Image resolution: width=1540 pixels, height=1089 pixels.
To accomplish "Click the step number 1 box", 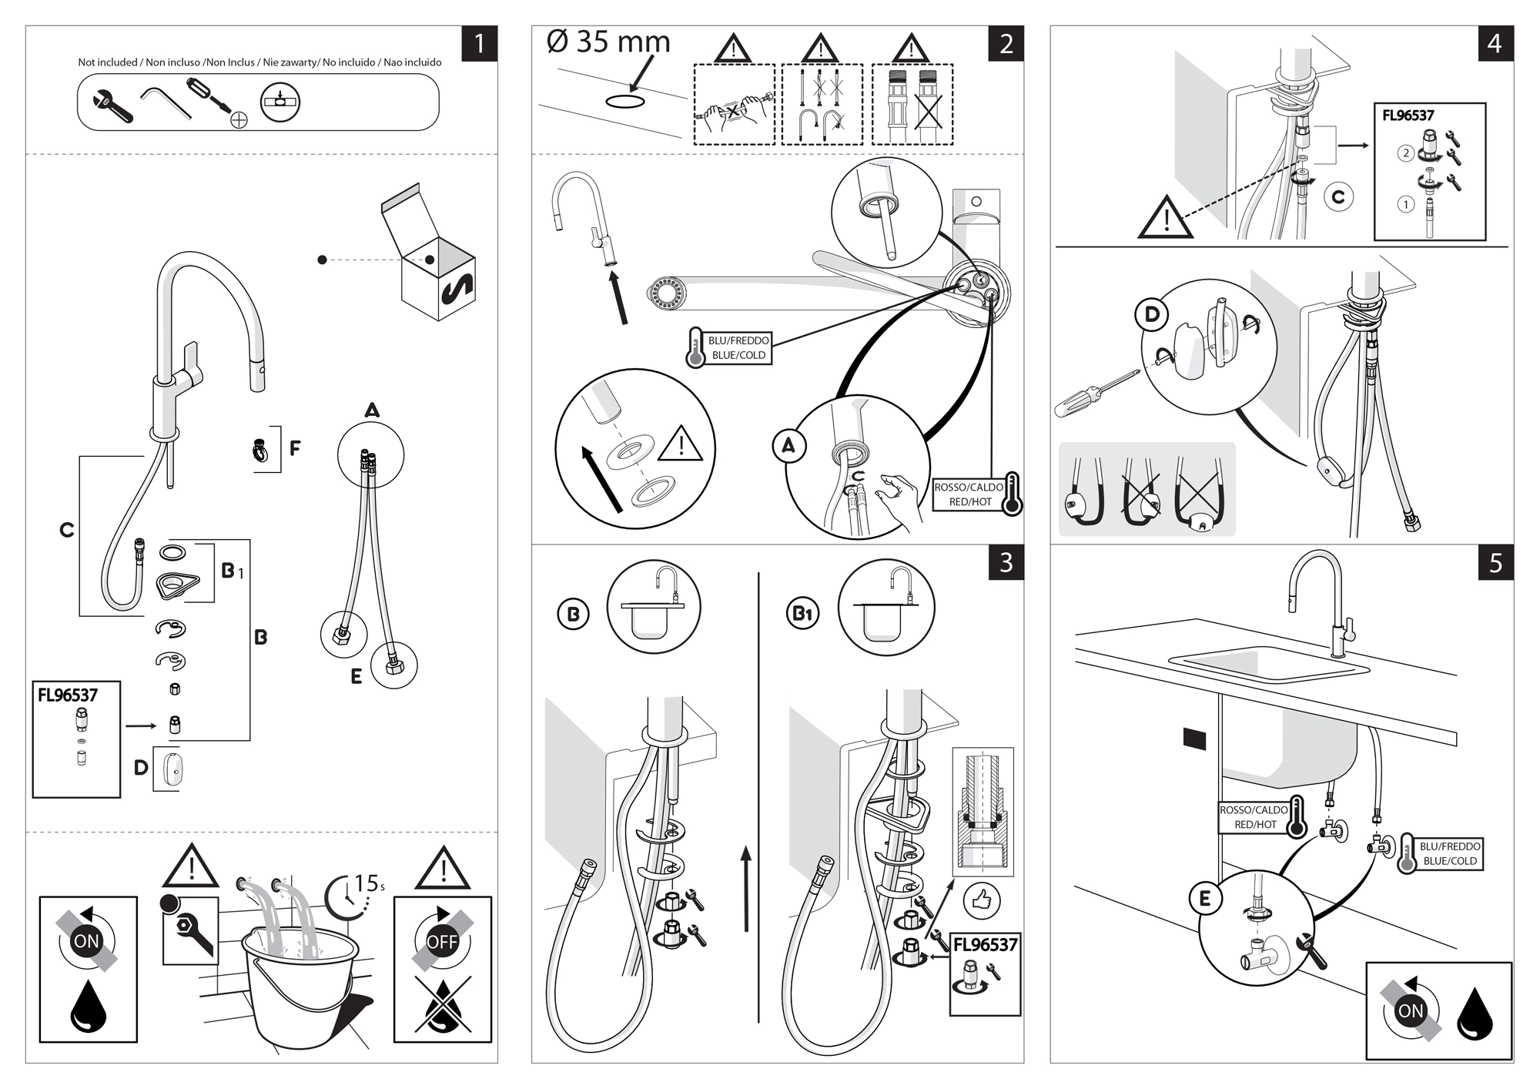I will (x=479, y=43).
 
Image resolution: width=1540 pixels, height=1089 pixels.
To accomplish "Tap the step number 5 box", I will (x=1495, y=563).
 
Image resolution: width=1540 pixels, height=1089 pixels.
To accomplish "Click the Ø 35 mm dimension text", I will (x=608, y=42).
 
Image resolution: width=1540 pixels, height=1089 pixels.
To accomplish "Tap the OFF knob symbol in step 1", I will (x=442, y=941).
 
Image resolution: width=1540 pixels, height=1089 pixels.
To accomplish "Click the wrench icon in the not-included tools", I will (x=112, y=106).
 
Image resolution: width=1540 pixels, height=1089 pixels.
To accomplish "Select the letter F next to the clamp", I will (x=294, y=448).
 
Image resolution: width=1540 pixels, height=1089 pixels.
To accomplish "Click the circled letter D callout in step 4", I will (x=1152, y=314).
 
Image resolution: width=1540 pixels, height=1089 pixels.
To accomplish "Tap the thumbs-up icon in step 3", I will (x=981, y=900).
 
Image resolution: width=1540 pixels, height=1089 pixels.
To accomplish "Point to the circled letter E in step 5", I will (x=1205, y=898).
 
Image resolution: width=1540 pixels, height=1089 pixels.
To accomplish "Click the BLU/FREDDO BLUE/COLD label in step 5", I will (x=1449, y=853).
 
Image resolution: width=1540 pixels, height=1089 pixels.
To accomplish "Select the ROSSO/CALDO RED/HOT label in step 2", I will (x=969, y=494).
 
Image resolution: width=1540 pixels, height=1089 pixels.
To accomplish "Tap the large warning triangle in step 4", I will (x=1166, y=218).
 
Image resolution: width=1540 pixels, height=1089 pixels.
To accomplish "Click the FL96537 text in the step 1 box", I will (x=68, y=695).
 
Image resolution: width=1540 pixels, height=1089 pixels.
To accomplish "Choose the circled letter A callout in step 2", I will (x=788, y=446).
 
